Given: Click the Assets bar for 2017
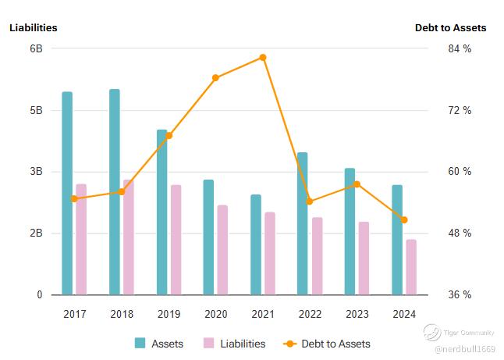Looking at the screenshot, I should click(x=67, y=193).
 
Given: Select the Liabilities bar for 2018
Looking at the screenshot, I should click(x=129, y=237).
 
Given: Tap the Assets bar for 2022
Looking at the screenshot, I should click(x=302, y=223).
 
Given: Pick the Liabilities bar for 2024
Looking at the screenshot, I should click(x=411, y=267).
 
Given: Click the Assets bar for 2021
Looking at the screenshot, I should click(x=256, y=244).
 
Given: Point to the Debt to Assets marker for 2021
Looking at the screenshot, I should click(x=263, y=57).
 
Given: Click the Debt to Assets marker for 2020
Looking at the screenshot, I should click(x=216, y=78).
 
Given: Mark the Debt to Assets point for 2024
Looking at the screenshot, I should click(x=404, y=220).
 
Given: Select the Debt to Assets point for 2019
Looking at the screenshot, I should click(x=169, y=136).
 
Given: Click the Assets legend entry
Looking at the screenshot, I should click(x=159, y=344).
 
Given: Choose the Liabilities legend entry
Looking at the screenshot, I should click(x=234, y=344).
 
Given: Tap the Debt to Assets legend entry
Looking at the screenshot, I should click(x=327, y=344).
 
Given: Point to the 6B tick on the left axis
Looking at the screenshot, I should click(x=36, y=48).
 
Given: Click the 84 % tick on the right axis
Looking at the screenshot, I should click(x=460, y=49).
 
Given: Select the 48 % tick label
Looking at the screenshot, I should click(x=460, y=233).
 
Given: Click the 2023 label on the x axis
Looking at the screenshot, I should click(x=357, y=314).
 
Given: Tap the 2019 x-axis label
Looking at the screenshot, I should click(x=169, y=314).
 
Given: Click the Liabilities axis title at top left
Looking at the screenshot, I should click(x=34, y=27).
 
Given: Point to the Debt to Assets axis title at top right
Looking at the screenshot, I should click(x=450, y=27).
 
